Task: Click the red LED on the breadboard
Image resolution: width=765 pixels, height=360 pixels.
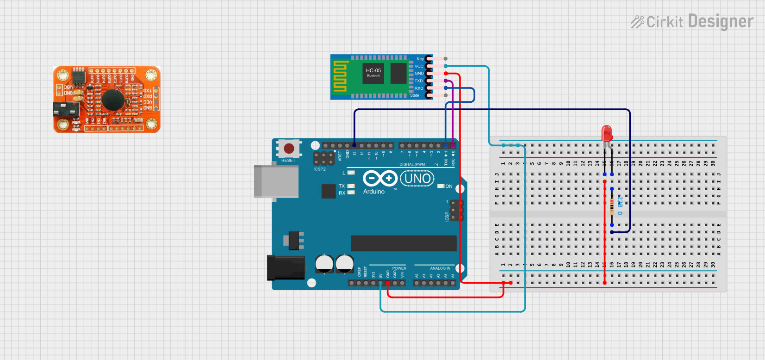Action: click(x=606, y=133)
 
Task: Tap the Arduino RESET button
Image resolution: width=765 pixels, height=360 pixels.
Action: click(x=289, y=149)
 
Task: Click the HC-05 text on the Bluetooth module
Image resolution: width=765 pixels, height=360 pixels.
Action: click(x=373, y=71)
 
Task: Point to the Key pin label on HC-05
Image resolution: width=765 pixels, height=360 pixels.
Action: click(x=420, y=59)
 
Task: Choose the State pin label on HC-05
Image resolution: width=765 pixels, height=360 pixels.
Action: click(x=415, y=95)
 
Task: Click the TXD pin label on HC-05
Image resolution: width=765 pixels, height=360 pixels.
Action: click(x=418, y=81)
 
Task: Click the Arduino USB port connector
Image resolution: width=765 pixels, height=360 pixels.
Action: click(x=276, y=182)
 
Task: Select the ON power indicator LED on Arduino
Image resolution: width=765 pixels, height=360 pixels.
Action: click(x=441, y=186)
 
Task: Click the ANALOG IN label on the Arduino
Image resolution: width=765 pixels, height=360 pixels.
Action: click(x=440, y=268)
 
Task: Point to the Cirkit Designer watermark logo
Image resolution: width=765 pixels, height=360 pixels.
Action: click(x=692, y=22)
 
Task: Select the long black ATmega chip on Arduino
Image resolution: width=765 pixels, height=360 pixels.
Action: click(x=404, y=243)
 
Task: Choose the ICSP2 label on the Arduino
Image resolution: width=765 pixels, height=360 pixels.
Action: click(x=319, y=169)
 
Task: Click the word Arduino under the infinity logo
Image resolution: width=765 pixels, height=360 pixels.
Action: click(x=373, y=192)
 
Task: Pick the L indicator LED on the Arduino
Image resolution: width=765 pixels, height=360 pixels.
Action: click(x=351, y=173)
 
